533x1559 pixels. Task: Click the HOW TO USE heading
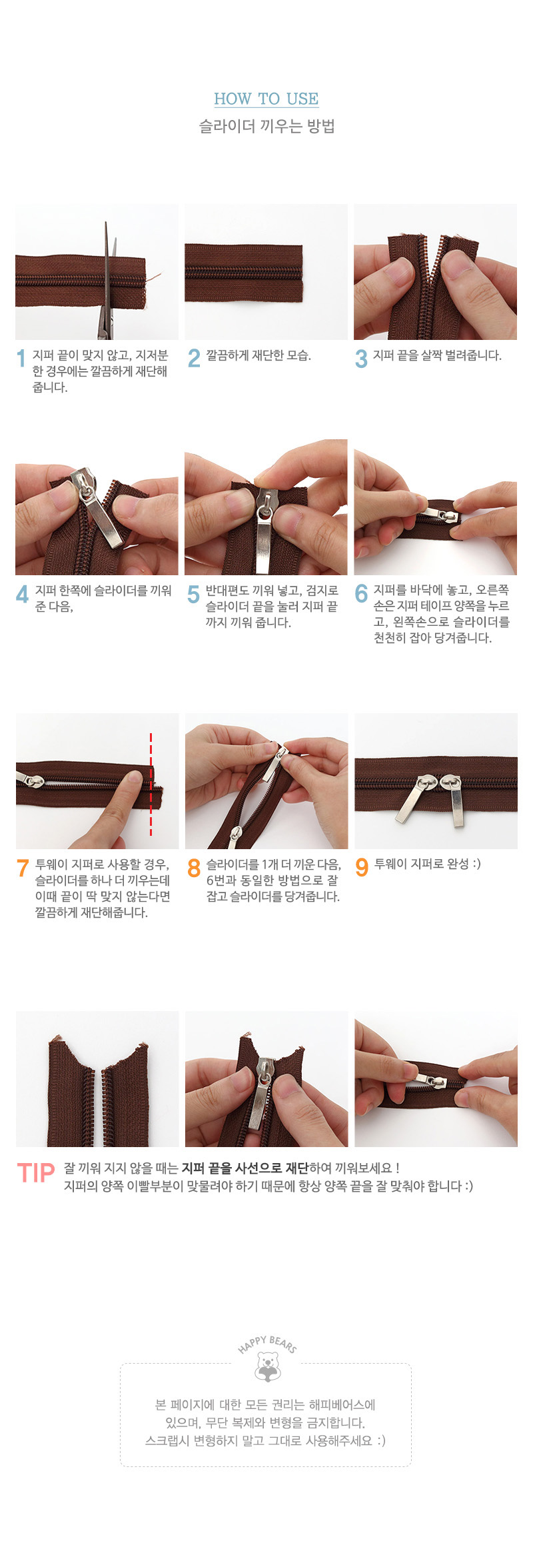tap(266, 99)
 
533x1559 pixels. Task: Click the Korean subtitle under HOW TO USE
tap(266, 126)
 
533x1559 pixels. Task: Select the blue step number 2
tap(194, 358)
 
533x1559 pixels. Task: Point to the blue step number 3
tap(361, 358)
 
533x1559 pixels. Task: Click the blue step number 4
tap(23, 593)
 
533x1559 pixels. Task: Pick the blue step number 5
tap(193, 593)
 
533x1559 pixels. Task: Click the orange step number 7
tap(23, 867)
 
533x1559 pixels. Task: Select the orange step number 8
tap(194, 867)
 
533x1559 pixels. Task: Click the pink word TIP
tap(36, 1173)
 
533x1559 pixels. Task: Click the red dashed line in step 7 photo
tap(151, 784)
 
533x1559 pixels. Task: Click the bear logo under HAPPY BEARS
tap(268, 1366)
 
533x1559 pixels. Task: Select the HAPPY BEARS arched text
tap(267, 1344)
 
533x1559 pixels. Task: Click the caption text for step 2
tap(259, 355)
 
